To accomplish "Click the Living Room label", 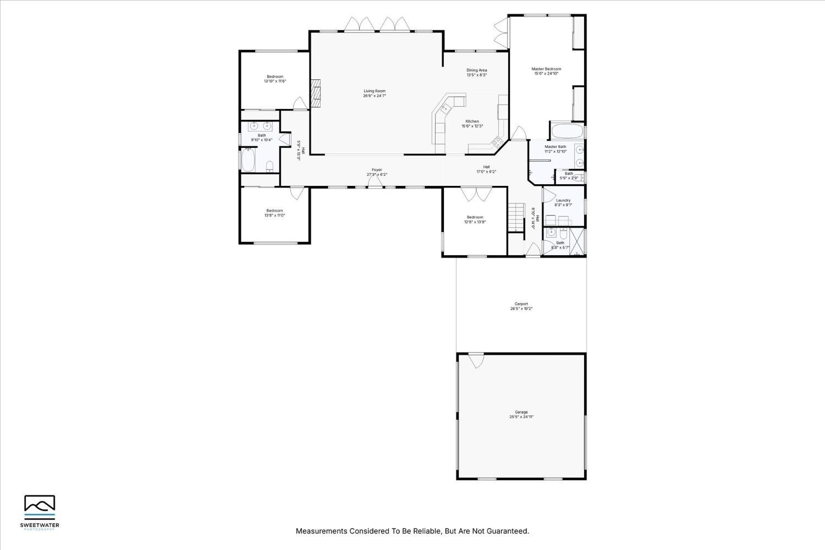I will [374, 91].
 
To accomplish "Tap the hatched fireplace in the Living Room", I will [315, 93].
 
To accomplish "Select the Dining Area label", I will [476, 70].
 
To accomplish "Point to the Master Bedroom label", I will [546, 69].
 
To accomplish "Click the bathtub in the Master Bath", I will [566, 132].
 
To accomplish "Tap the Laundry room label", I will [563, 200].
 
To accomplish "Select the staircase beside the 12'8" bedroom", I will [515, 217].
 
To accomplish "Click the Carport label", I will [521, 304].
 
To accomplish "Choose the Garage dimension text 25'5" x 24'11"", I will [521, 417].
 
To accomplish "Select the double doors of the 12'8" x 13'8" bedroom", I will [476, 194].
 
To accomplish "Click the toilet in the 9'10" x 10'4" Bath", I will [269, 166].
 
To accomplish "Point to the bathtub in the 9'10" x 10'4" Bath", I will [248, 161].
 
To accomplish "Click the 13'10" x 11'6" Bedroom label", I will [275, 76].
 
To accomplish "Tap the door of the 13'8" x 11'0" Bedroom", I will [296, 193].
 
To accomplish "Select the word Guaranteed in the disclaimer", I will [509, 531].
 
